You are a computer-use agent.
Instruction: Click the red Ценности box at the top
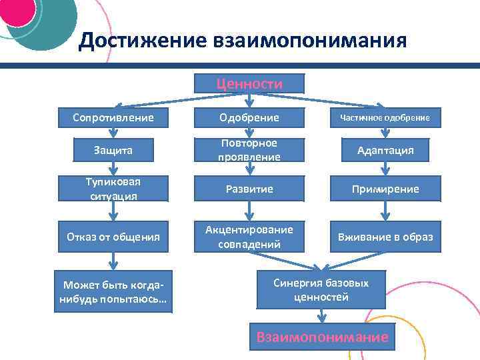pos(249,83)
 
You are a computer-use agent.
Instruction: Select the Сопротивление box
pos(114,118)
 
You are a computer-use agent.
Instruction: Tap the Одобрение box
pos(249,118)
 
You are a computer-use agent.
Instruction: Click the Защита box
pos(114,151)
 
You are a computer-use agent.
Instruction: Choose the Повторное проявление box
pos(249,151)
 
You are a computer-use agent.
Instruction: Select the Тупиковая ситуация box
pos(114,189)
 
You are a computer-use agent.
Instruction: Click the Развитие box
pos(249,189)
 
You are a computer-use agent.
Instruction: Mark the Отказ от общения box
pos(114,237)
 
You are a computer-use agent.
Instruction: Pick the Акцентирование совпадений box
pos(249,237)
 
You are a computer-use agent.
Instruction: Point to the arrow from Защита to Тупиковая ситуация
pos(114,169)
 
